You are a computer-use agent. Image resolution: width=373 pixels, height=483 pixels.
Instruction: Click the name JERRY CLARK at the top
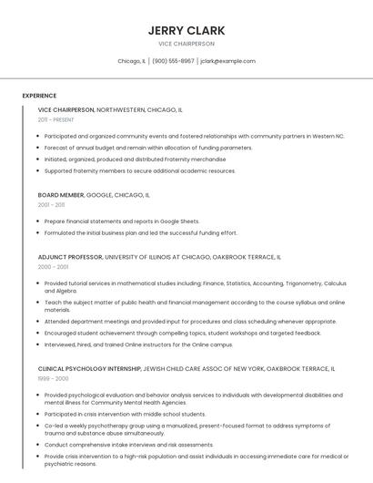(x=186, y=30)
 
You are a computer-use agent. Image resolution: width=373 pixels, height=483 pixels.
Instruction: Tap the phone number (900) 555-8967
(x=173, y=61)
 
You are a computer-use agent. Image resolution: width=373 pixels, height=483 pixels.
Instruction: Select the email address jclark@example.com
(x=227, y=61)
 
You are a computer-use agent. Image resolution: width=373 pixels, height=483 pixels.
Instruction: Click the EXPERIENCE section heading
(x=39, y=96)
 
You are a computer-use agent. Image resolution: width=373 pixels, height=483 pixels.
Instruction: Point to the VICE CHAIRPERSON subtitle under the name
(x=186, y=44)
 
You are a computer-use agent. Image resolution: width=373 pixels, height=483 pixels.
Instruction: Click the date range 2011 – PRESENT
(x=56, y=119)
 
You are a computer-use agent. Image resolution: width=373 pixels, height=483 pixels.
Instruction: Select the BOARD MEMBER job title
(x=61, y=195)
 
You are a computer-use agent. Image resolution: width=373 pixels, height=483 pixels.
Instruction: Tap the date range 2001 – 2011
(x=51, y=205)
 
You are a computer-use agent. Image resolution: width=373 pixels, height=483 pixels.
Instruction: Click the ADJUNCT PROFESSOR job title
(x=70, y=257)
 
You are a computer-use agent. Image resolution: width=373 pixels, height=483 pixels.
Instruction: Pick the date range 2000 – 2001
(x=53, y=267)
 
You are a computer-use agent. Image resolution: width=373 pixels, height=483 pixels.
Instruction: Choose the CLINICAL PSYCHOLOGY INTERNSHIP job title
(x=89, y=369)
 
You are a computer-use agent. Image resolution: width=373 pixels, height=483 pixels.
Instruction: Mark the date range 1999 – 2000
(x=53, y=379)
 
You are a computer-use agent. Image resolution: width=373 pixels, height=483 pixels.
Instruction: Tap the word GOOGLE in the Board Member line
(x=99, y=195)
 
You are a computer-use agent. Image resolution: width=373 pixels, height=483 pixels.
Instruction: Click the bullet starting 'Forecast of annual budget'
(x=148, y=148)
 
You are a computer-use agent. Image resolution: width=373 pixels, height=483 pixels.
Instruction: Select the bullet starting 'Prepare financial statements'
(x=122, y=221)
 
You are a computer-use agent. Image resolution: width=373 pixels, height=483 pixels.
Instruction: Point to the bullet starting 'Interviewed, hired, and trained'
(x=138, y=344)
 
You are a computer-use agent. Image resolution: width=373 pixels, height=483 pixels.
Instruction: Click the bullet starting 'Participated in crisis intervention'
(x=125, y=414)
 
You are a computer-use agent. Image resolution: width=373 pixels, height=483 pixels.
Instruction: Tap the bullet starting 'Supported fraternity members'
(x=139, y=170)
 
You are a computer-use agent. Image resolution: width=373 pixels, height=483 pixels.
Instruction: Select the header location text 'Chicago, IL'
(x=131, y=61)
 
